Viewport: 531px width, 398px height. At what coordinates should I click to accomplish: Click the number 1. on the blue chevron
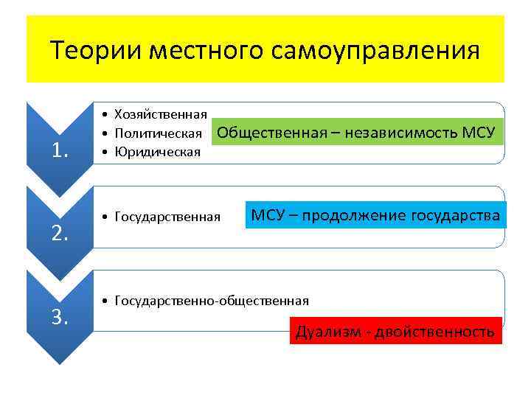tap(59, 150)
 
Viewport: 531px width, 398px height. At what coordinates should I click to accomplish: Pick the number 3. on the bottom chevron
tap(59, 317)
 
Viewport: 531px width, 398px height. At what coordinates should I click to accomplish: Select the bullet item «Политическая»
tap(158, 133)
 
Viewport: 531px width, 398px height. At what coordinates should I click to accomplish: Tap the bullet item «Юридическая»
tap(156, 152)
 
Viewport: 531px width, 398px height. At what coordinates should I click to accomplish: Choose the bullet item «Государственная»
tap(167, 217)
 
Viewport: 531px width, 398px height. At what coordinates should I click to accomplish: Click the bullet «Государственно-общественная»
tap(212, 301)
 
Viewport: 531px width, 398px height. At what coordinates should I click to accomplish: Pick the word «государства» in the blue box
tap(457, 215)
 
